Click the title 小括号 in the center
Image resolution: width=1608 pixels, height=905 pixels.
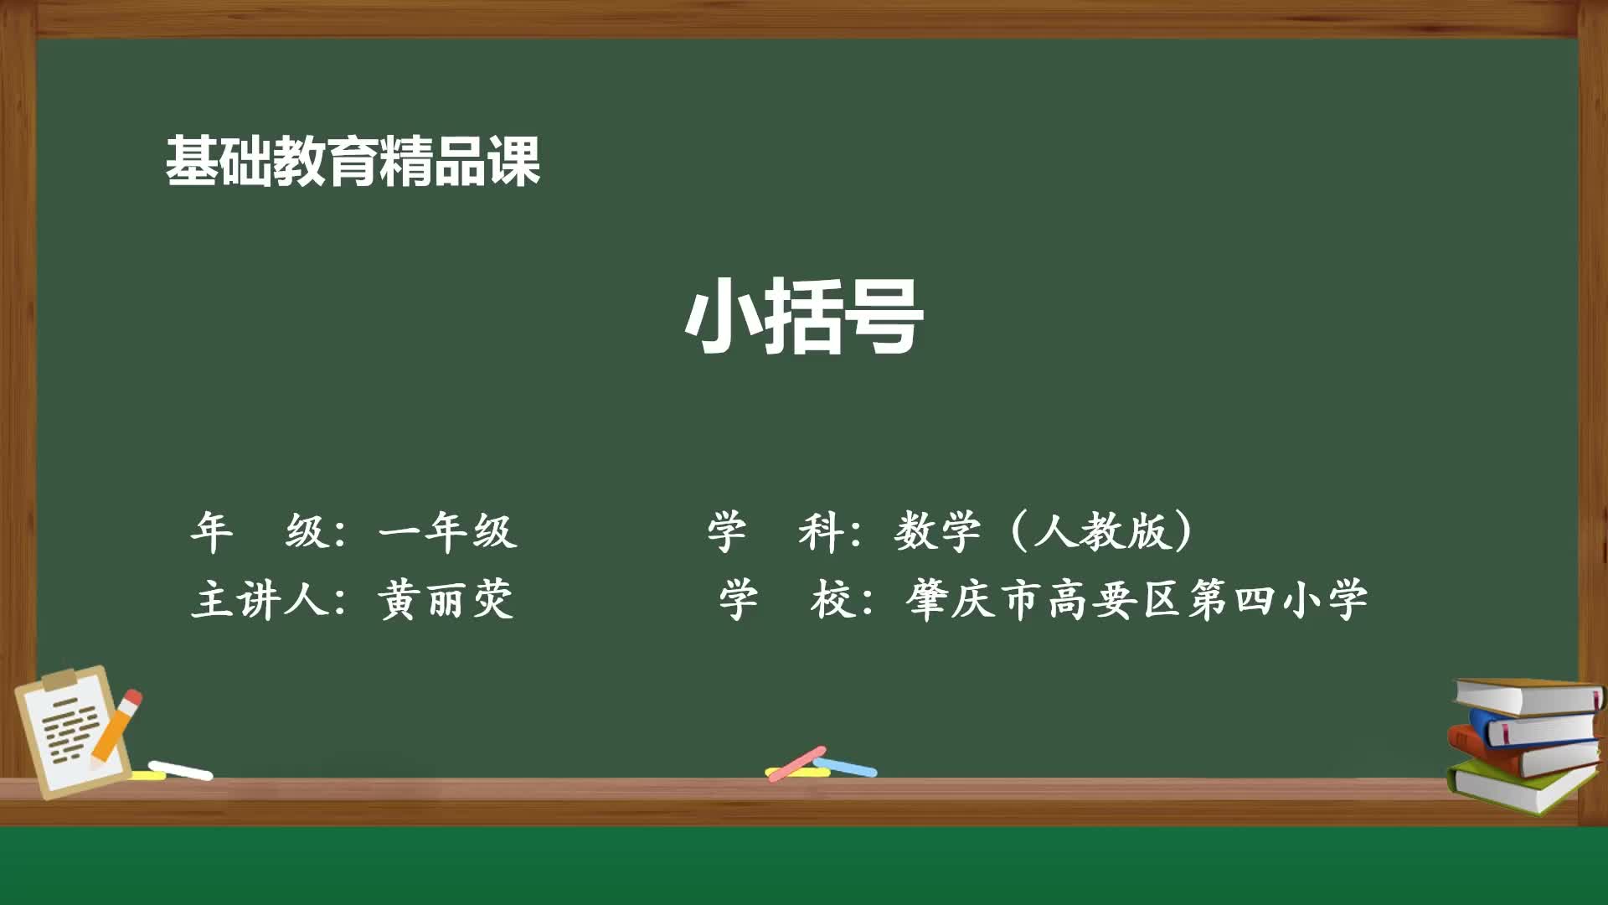pyautogui.click(x=804, y=317)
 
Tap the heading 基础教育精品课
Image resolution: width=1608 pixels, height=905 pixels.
pyautogui.click(x=353, y=161)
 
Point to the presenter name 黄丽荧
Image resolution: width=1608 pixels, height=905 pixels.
pyautogui.click(x=445, y=600)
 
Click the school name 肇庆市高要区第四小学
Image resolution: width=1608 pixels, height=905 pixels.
pyautogui.click(x=1136, y=600)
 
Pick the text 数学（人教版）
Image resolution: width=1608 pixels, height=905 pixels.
pyautogui.click(x=1044, y=531)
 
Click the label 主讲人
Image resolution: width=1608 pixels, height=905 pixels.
pyautogui.click(x=259, y=600)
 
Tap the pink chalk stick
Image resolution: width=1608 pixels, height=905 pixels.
pyautogui.click(x=796, y=763)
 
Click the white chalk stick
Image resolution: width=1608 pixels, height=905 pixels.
pyautogui.click(x=180, y=770)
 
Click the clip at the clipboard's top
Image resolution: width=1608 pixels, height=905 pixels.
pyautogui.click(x=59, y=680)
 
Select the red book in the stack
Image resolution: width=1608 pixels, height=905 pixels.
pyautogui.click(x=1524, y=758)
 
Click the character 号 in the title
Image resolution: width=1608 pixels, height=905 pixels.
pyautogui.click(x=884, y=317)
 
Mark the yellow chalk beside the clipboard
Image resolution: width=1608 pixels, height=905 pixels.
pyautogui.click(x=147, y=775)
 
